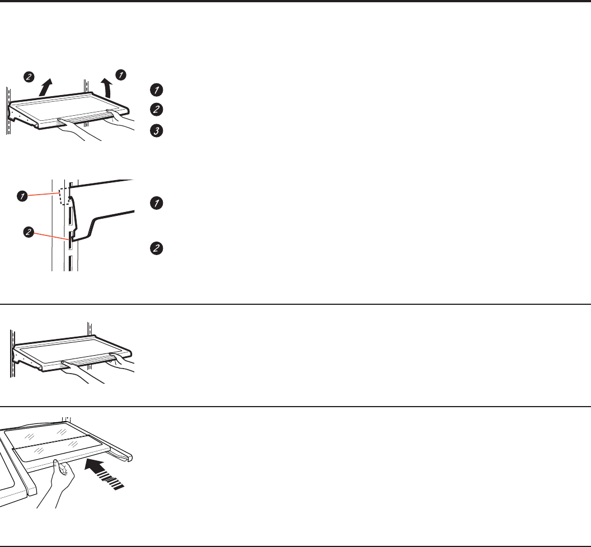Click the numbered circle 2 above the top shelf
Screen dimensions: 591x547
coord(29,77)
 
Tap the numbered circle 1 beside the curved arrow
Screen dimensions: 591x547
coord(121,75)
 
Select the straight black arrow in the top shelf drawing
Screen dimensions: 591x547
coord(45,87)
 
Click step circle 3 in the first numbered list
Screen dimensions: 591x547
coord(156,131)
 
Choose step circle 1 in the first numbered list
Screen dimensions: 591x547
coord(156,90)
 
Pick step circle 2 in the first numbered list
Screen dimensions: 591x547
coord(156,109)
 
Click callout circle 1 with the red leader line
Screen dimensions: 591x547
coord(22,196)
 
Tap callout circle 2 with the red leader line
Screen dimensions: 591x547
coord(29,232)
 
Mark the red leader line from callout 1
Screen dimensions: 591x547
coord(43,195)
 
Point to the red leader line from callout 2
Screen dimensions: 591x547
coord(51,236)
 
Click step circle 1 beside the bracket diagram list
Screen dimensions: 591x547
coord(156,203)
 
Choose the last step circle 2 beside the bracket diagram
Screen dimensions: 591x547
coord(156,248)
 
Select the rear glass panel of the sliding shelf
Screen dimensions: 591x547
coord(46,435)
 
